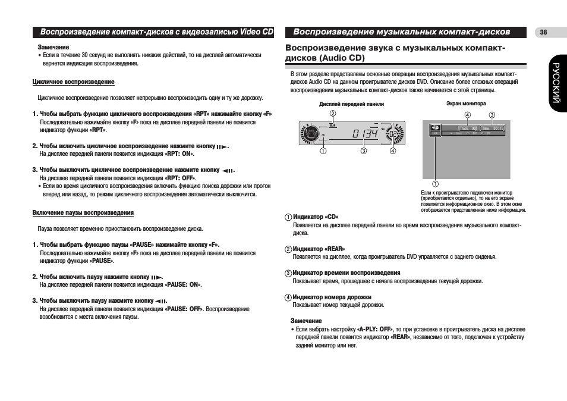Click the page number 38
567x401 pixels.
click(x=543, y=32)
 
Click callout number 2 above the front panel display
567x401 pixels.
click(x=333, y=114)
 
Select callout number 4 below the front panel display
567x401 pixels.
click(x=392, y=151)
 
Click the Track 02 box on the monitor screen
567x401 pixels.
click(x=467, y=128)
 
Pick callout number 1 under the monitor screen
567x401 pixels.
click(x=435, y=183)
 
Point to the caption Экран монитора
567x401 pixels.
click(x=466, y=104)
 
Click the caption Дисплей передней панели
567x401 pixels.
click(x=351, y=104)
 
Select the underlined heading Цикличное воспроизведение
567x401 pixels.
click(x=73, y=82)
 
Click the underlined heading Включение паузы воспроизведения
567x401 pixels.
click(x=83, y=212)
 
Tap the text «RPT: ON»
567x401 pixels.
click(x=180, y=153)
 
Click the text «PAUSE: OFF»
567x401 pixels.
click(x=184, y=309)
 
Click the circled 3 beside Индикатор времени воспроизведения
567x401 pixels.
click(x=288, y=273)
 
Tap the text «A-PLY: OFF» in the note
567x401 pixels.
click(x=376, y=329)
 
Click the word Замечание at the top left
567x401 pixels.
click(x=53, y=47)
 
